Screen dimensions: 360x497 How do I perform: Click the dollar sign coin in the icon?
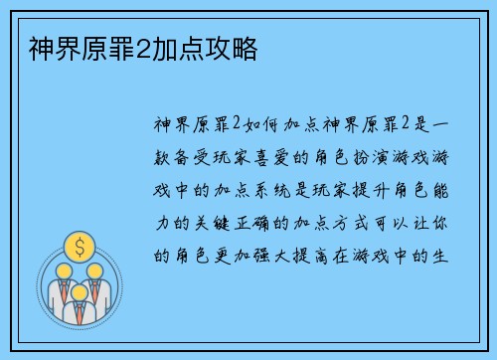pyautogui.click(x=78, y=245)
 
